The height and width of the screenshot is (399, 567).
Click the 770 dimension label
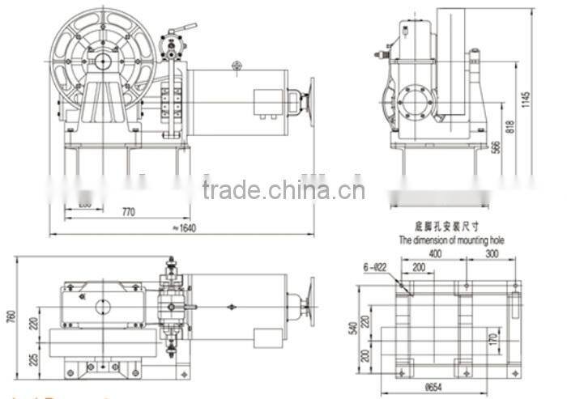pos(128,212)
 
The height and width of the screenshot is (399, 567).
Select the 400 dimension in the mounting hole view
pos(435,253)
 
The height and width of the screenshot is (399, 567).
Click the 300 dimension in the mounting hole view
pos(491,253)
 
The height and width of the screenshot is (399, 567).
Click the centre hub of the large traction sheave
pos(103,60)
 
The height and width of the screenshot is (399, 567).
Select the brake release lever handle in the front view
pos(185,31)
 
